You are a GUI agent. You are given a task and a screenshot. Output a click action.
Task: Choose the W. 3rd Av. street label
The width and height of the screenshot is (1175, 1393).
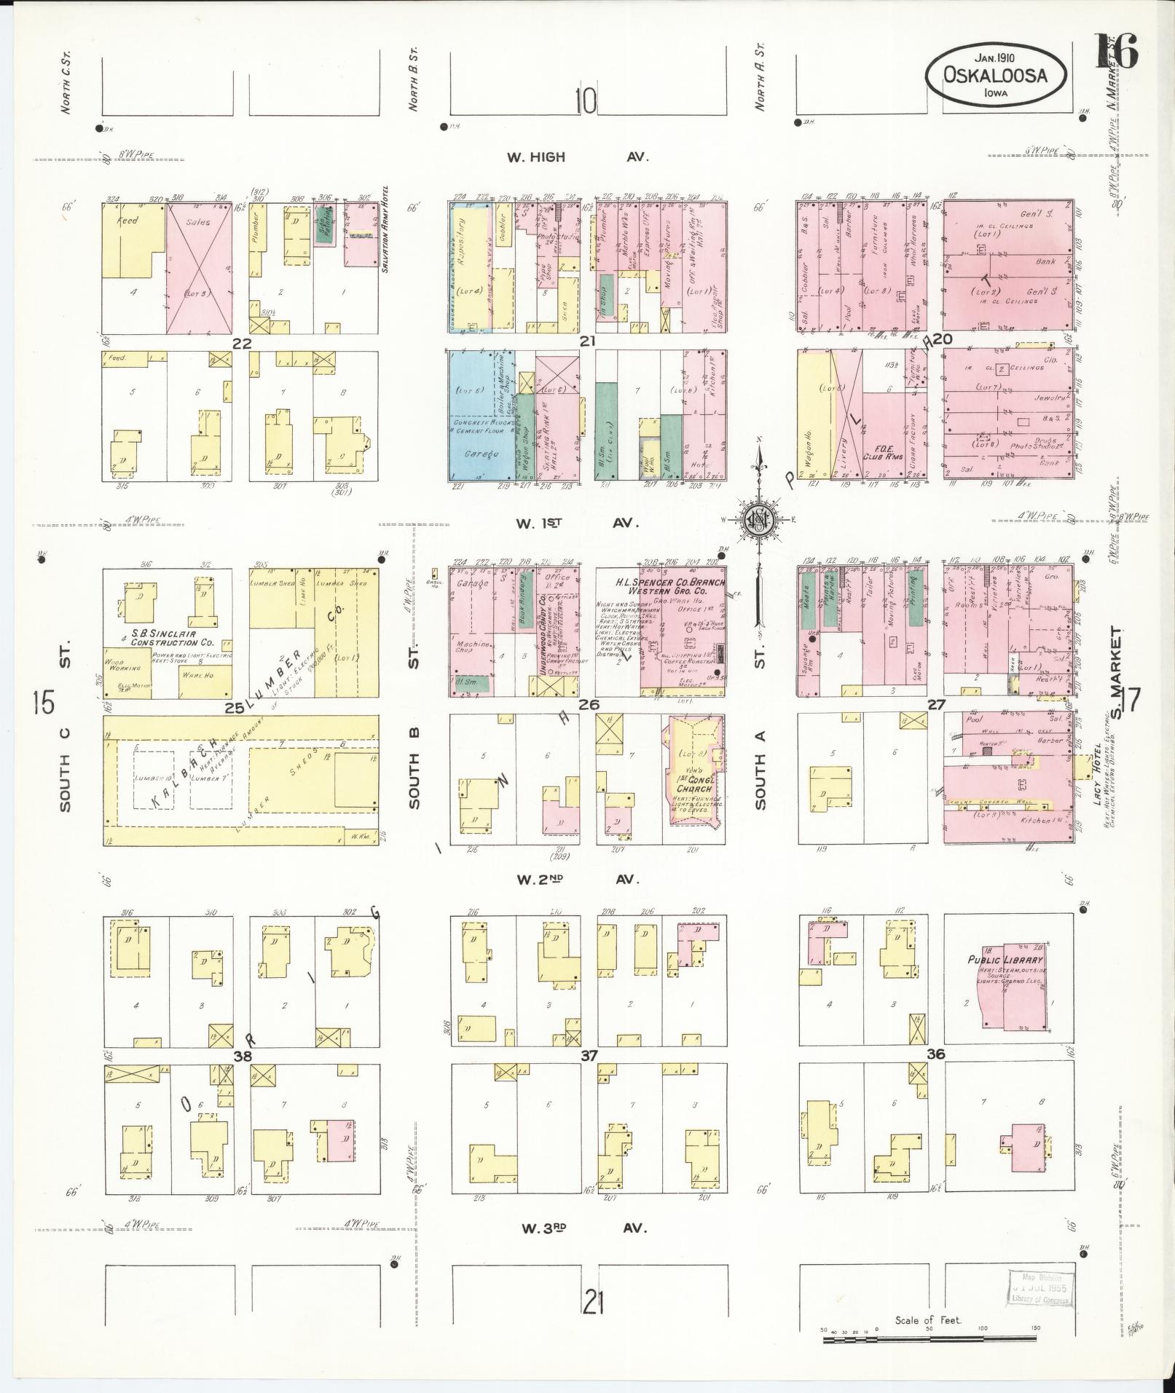(x=581, y=1227)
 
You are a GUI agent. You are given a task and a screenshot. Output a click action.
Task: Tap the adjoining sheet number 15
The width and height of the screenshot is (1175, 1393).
(x=44, y=703)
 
